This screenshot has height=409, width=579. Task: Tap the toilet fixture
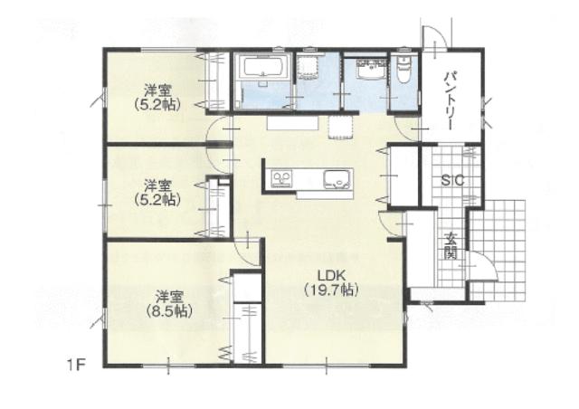point(403,69)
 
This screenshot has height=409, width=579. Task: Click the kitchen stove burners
point(281,179)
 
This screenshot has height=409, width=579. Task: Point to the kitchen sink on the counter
point(337,179)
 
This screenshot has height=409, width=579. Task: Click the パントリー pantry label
point(450,101)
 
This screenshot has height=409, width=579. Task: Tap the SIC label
point(452,181)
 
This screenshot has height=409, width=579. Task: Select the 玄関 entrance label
point(451,246)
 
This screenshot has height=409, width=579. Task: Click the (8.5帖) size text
point(169,310)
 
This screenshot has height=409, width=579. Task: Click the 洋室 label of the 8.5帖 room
point(169,297)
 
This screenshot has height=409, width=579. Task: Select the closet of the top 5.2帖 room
point(218,81)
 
